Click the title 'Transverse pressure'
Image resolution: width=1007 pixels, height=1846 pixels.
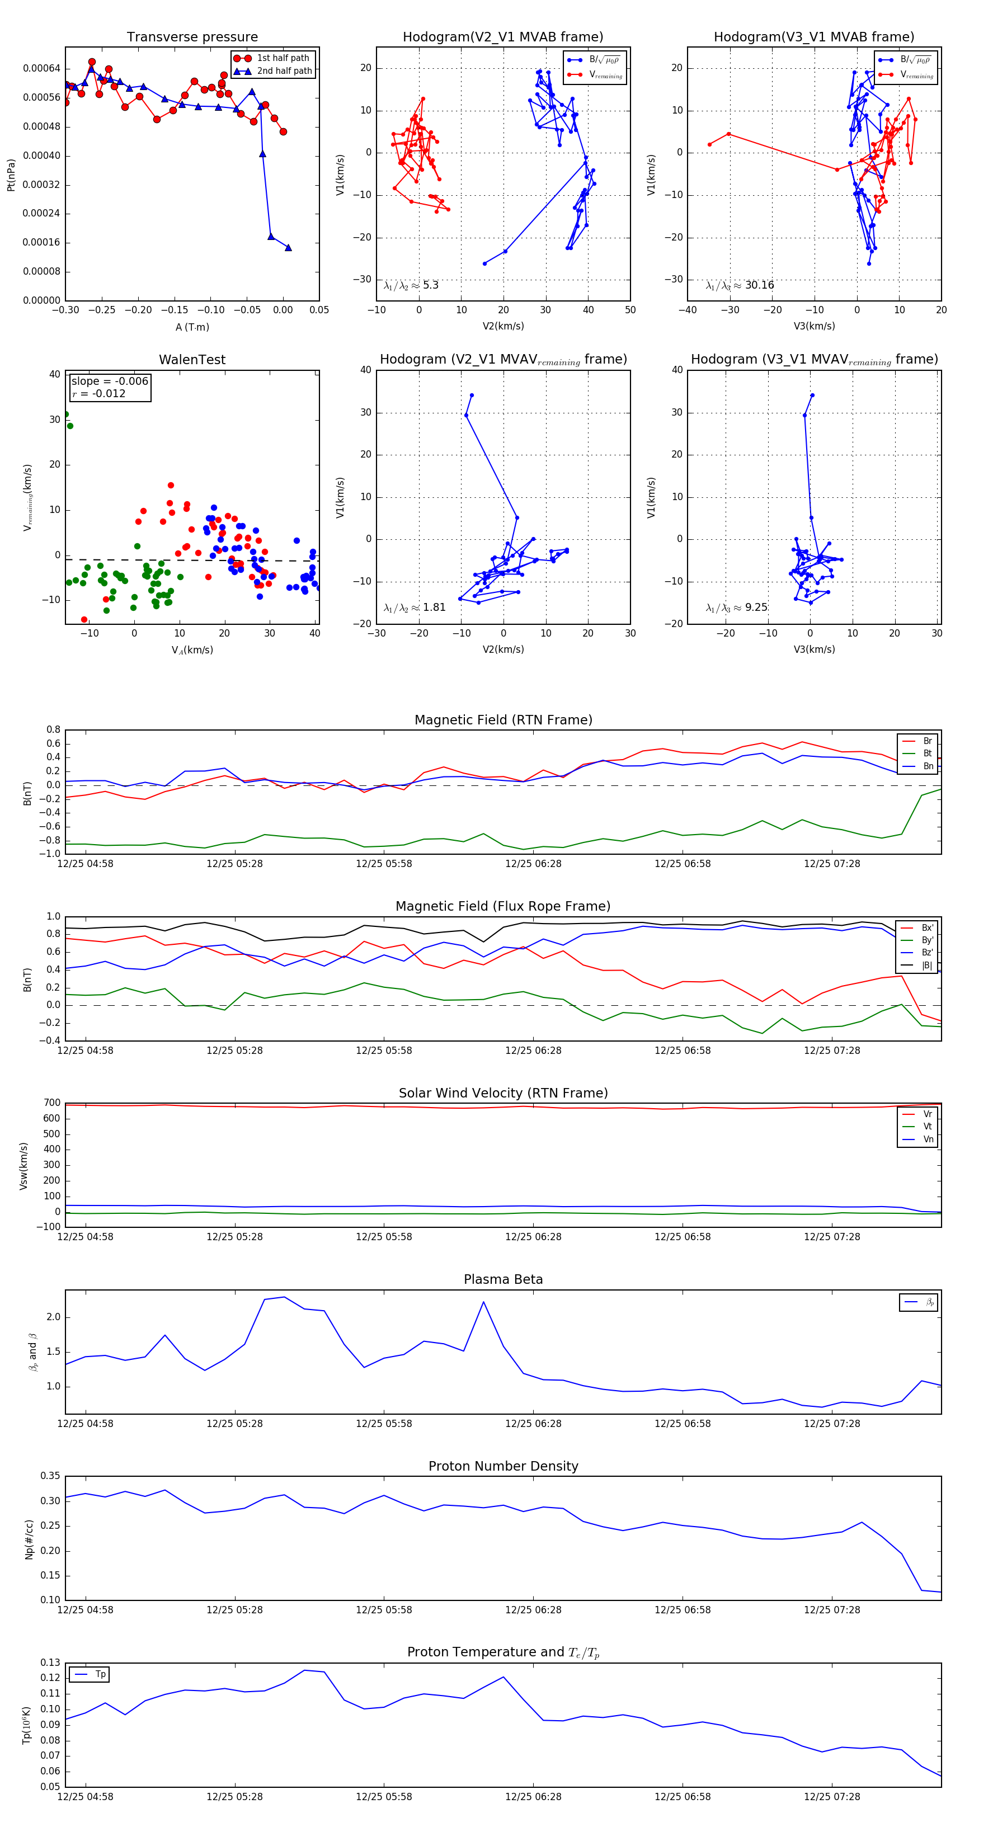click(x=192, y=37)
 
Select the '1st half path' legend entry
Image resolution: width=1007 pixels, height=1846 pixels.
click(x=283, y=58)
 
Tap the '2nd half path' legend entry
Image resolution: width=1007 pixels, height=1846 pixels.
click(x=284, y=71)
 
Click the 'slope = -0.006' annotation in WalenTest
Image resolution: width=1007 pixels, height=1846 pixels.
click(x=110, y=382)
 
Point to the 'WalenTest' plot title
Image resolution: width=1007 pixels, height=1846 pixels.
click(x=192, y=360)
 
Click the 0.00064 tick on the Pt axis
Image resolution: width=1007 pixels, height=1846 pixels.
click(x=41, y=69)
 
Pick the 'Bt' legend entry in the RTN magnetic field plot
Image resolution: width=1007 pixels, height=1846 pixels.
click(x=927, y=753)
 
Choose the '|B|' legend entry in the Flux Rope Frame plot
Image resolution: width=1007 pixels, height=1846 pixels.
click(x=927, y=966)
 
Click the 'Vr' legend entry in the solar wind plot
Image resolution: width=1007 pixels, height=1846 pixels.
click(x=928, y=1114)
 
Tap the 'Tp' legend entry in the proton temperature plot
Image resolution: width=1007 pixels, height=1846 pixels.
click(x=100, y=1675)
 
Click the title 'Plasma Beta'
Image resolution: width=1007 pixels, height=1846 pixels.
click(x=503, y=1279)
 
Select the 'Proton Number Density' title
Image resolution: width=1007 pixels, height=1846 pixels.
click(x=503, y=1466)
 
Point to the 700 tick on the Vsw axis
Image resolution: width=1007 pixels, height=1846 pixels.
click(x=51, y=1103)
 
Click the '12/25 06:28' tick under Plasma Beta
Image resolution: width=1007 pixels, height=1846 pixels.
click(x=533, y=1424)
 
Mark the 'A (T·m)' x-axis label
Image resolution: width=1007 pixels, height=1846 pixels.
click(x=192, y=327)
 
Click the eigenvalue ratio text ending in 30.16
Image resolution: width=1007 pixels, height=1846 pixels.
click(x=740, y=285)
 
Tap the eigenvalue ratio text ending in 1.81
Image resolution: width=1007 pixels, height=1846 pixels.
click(x=414, y=608)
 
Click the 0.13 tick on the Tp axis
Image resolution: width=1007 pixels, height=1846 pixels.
click(x=50, y=1663)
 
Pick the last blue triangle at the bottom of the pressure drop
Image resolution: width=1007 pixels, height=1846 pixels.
click(x=288, y=248)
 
